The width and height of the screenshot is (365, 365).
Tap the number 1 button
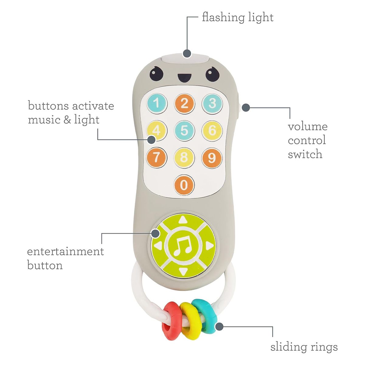156,103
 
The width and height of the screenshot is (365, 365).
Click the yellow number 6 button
212,130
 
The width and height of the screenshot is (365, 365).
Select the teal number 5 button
184,130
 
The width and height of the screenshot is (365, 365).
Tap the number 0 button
184,185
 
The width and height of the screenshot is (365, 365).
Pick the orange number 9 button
212,158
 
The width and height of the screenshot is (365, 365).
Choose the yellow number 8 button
184,158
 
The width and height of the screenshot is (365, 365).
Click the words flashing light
238,17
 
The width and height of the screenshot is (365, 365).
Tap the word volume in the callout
308,127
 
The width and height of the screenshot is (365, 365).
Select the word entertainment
65,252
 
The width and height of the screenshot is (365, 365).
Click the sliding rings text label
304,347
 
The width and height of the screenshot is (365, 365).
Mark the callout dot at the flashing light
186,54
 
